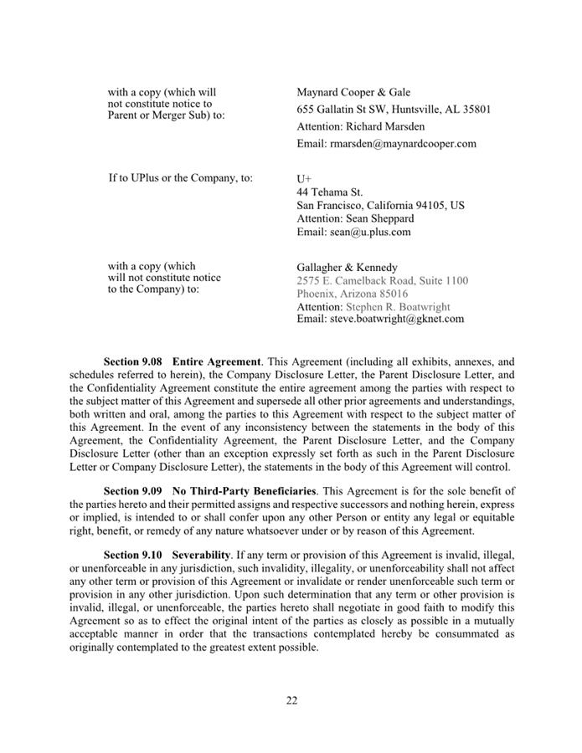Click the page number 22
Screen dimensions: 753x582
(291, 700)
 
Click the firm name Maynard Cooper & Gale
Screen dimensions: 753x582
(353, 92)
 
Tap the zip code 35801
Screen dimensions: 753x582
(473, 110)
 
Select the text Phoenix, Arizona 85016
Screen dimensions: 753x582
(353, 294)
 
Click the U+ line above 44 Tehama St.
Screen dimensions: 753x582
(304, 179)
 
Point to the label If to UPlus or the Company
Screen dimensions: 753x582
(180, 178)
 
